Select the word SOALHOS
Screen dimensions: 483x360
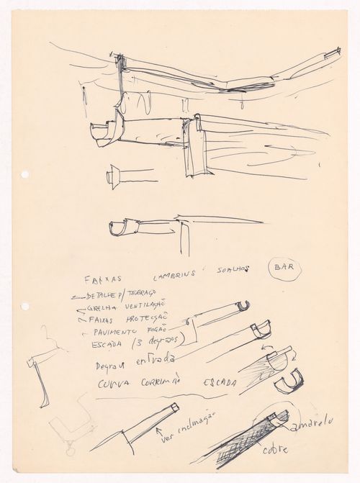[x=231, y=270]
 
